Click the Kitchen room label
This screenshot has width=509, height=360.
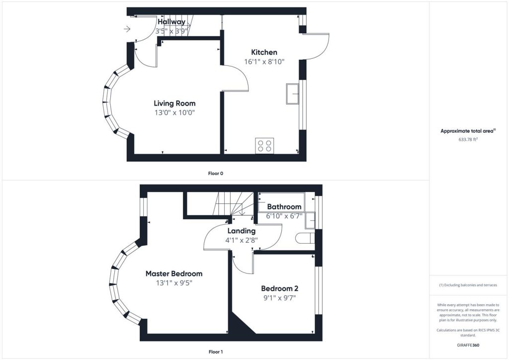point(264,52)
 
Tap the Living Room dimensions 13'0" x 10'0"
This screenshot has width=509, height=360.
point(174,113)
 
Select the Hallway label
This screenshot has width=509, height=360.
point(171,22)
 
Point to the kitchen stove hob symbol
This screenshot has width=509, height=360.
point(264,145)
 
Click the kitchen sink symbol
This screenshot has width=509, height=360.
point(292,94)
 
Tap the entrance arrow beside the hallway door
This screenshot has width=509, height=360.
point(127,29)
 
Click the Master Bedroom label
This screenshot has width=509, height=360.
point(174,273)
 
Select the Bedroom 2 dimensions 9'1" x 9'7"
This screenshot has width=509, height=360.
point(279,298)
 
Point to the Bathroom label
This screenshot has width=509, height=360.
point(284,207)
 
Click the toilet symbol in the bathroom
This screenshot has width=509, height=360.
point(305,238)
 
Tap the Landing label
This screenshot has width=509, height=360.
point(241,231)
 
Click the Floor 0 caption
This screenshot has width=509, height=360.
point(216,174)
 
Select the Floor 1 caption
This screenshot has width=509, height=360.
point(216,352)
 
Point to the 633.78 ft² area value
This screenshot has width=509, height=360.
point(468,139)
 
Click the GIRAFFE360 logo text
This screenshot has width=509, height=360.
point(468,345)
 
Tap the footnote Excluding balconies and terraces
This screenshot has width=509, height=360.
point(468,285)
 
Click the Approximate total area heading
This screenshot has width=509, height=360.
point(468,131)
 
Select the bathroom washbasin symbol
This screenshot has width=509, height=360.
point(310,220)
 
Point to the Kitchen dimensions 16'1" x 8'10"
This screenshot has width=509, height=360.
point(264,61)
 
